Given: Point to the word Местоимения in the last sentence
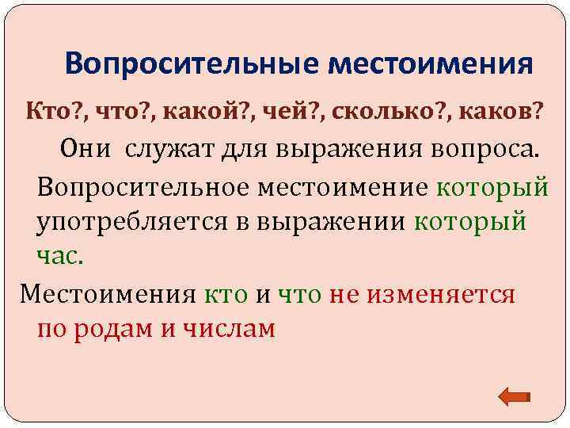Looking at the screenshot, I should coord(107,294).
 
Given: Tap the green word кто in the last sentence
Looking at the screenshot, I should coord(226,294).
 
